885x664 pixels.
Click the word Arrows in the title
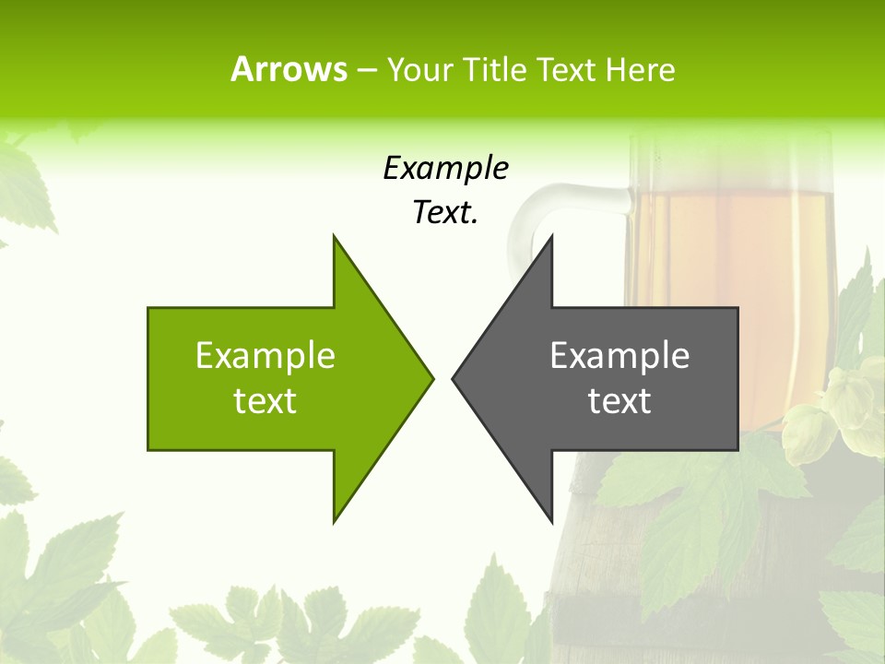pyautogui.click(x=289, y=69)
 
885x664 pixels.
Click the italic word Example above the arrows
pyautogui.click(x=445, y=168)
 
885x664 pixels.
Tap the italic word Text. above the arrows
pyautogui.click(x=445, y=212)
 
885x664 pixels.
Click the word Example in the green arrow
pyautogui.click(x=265, y=356)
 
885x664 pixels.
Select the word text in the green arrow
pyautogui.click(x=265, y=401)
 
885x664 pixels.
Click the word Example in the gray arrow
pyautogui.click(x=619, y=356)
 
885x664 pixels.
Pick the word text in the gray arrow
pyautogui.click(x=619, y=401)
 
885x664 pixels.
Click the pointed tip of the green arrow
pyautogui.click(x=432, y=377)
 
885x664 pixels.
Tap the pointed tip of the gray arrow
pyautogui.click(x=453, y=377)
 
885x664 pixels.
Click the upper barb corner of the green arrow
pyautogui.click(x=334, y=236)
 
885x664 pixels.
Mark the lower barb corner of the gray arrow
pyautogui.click(x=551, y=521)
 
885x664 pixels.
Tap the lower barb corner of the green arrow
pyautogui.click(x=334, y=521)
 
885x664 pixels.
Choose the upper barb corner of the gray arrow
pyautogui.click(x=551, y=236)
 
